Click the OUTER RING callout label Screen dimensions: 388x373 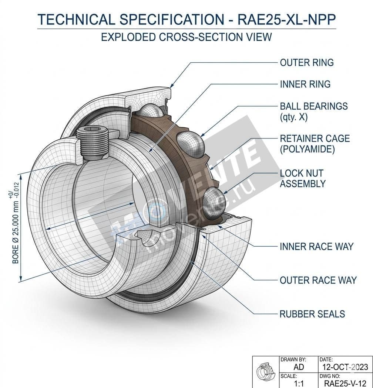point(306,62)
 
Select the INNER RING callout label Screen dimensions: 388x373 point(305,84)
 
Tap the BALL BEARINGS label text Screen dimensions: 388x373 point(313,106)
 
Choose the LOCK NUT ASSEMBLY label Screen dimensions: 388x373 point(302,178)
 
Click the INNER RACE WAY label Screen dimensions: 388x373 point(316,246)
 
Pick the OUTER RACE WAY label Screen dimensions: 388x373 point(318,280)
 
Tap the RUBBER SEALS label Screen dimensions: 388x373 point(312,314)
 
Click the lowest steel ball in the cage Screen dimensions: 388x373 point(214,199)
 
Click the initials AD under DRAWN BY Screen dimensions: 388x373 point(298,367)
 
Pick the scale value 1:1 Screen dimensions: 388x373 point(298,384)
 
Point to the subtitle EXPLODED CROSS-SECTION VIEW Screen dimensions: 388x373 point(186,37)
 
